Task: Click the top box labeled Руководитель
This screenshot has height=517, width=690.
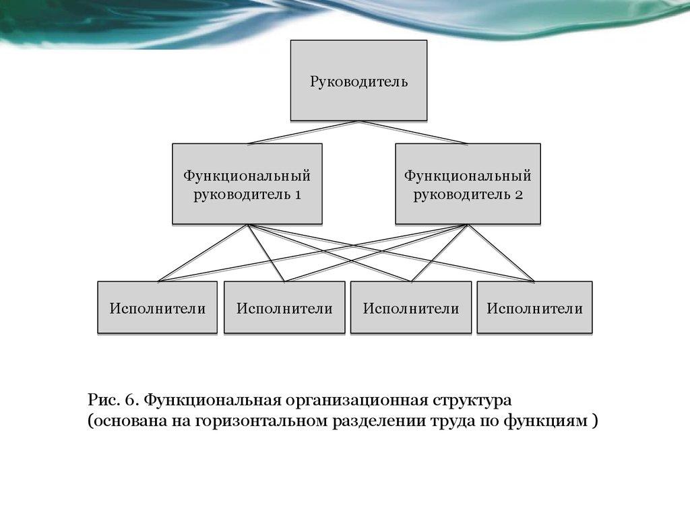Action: click(x=358, y=81)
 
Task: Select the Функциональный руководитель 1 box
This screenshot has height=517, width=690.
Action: click(x=247, y=184)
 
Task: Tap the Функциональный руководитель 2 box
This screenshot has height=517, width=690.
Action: click(x=468, y=184)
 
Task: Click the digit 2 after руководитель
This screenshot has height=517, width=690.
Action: click(x=519, y=195)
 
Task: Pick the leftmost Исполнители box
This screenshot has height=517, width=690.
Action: click(x=157, y=308)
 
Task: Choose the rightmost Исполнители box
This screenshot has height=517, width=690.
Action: click(x=534, y=308)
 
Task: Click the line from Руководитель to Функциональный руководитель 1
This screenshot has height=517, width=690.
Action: click(x=303, y=133)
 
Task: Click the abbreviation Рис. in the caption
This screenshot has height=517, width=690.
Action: click(x=103, y=401)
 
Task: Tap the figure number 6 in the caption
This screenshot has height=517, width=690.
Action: click(x=132, y=401)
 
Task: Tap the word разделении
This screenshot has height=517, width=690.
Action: click(x=377, y=422)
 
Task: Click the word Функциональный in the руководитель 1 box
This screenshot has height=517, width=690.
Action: click(x=247, y=176)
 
